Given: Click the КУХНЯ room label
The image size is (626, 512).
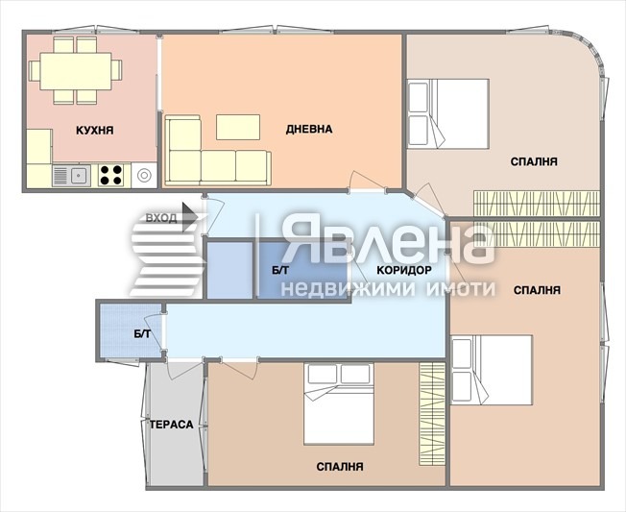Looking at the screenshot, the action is pyautogui.click(x=95, y=131).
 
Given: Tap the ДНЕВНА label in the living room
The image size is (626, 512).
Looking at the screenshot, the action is pyautogui.click(x=309, y=129).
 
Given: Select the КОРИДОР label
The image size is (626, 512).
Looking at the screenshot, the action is pyautogui.click(x=404, y=270).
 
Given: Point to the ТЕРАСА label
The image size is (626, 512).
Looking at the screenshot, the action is pyautogui.click(x=171, y=425).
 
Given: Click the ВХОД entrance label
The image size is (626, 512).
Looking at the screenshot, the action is pyautogui.click(x=161, y=218).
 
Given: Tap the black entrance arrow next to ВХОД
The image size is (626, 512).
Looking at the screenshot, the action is pyautogui.click(x=190, y=217).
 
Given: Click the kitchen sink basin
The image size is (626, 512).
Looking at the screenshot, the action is pyautogui.click(x=79, y=175).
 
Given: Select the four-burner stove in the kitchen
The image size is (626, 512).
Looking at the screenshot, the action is pyautogui.click(x=111, y=175).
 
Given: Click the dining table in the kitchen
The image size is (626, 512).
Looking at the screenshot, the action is pyautogui.click(x=76, y=71).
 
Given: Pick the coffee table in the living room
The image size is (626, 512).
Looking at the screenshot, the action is pyautogui.click(x=238, y=127).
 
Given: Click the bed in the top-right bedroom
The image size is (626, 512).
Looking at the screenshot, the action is pyautogui.click(x=448, y=113).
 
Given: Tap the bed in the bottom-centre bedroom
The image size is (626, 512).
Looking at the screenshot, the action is pyautogui.click(x=339, y=403).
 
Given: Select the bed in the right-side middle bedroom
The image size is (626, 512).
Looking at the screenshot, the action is pyautogui.click(x=492, y=370).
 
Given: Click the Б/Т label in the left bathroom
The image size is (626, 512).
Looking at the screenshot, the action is pyautogui.click(x=142, y=334).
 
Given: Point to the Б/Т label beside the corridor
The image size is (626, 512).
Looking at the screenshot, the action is pyautogui.click(x=280, y=270).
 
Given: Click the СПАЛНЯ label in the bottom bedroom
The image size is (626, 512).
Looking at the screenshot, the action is pyautogui.click(x=340, y=467).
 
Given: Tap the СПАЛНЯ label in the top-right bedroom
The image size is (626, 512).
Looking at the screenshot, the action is pyautogui.click(x=534, y=161).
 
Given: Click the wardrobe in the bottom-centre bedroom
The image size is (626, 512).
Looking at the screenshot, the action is pyautogui.click(x=432, y=414).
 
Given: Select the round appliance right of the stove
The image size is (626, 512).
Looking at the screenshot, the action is pyautogui.click(x=144, y=175).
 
